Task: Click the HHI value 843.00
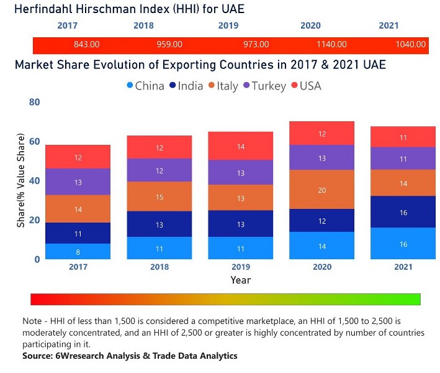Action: pos(87,45)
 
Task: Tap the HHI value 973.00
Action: pos(256,45)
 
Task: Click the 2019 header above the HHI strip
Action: pos(228,26)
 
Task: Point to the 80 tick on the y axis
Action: pos(34,102)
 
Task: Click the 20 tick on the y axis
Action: pos(34,220)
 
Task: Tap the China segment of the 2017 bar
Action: pos(79,251)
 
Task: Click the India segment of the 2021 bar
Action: pos(403,212)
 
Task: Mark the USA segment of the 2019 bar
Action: pos(240,146)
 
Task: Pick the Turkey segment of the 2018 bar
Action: pos(160,170)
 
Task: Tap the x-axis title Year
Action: pos(240,280)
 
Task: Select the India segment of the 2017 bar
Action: pos(79,233)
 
